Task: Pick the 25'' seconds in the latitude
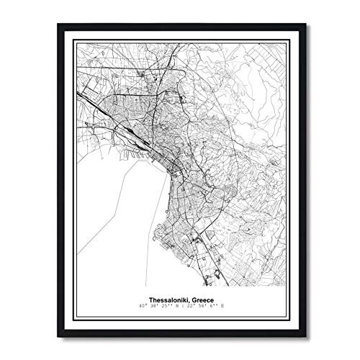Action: pyautogui.click(x=162, y=305)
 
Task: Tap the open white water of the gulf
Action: pyautogui.click(x=122, y=216)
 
